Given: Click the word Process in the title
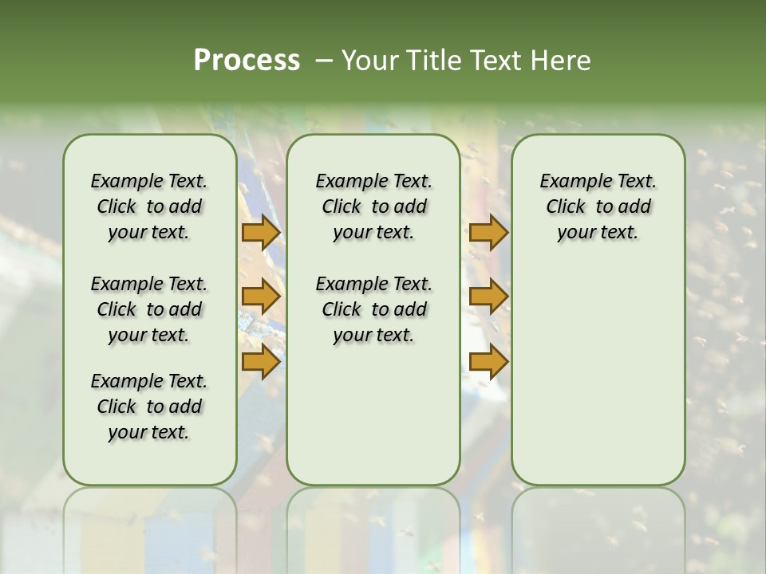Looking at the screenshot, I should click(247, 60).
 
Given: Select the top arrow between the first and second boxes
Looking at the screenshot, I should click(261, 233).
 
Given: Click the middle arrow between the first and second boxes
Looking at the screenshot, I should click(261, 297).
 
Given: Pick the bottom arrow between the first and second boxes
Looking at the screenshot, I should click(261, 363).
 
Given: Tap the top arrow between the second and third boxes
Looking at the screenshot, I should click(488, 233).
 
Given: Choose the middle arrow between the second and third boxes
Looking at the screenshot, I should click(488, 297).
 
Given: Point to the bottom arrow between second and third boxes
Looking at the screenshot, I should click(488, 363).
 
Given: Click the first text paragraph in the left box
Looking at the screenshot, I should click(149, 206).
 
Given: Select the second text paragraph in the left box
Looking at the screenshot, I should click(149, 309).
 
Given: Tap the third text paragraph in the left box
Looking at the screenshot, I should click(149, 407).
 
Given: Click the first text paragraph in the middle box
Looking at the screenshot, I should click(374, 206).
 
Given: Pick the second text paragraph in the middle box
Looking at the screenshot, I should click(374, 309).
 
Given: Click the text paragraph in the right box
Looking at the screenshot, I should click(598, 206).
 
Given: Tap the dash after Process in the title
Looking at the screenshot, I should click(323, 60).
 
